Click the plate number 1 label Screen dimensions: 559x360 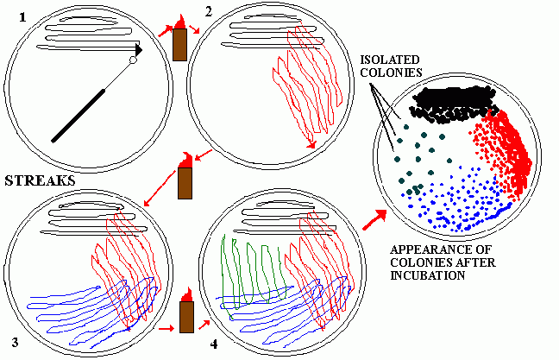click(x=22, y=17)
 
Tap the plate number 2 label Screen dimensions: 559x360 click(x=209, y=12)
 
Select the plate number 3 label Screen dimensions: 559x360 click(x=15, y=342)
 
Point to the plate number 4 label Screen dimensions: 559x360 click(x=214, y=344)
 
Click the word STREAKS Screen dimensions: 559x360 click(x=40, y=181)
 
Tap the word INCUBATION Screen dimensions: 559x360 click(x=427, y=275)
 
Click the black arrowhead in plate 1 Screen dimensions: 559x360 click(x=139, y=49)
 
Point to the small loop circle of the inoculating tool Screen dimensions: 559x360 click(x=133, y=60)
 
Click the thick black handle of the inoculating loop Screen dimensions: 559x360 click(x=79, y=116)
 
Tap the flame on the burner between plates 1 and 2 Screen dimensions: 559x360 click(x=180, y=22)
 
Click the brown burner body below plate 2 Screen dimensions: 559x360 click(x=185, y=183)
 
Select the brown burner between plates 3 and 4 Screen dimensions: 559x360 click(x=186, y=317)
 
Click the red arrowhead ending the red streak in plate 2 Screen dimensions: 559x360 click(x=312, y=144)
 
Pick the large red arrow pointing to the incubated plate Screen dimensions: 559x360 click(x=374, y=220)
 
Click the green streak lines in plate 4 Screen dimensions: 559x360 click(x=254, y=275)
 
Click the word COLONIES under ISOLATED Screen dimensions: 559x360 click(x=391, y=73)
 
